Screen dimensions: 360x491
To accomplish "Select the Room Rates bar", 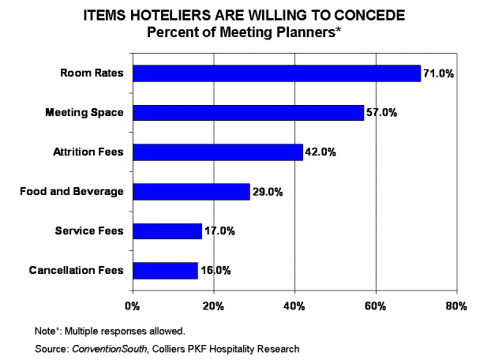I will tap(276, 73).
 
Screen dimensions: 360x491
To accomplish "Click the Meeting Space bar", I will tap(248, 113).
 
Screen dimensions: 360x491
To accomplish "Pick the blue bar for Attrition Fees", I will tap(218, 152).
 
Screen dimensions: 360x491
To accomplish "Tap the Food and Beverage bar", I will tap(191, 191).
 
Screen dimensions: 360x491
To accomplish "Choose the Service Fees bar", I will tap(167, 231).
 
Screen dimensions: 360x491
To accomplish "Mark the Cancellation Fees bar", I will tap(165, 270).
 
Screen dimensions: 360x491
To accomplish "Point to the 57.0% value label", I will tap(381, 114).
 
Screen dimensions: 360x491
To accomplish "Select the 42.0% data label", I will tap(320, 152).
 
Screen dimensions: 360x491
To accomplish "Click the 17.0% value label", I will tap(219, 231).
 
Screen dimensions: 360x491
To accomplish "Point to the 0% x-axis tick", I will tap(133, 306).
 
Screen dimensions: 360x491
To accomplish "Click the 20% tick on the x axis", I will tap(213, 306).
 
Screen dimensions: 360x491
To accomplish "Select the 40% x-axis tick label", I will tap(294, 306).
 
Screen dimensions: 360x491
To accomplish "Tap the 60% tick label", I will tap(376, 306).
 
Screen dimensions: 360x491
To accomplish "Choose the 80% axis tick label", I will tap(456, 306).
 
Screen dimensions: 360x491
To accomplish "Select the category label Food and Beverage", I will tap(72, 192).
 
